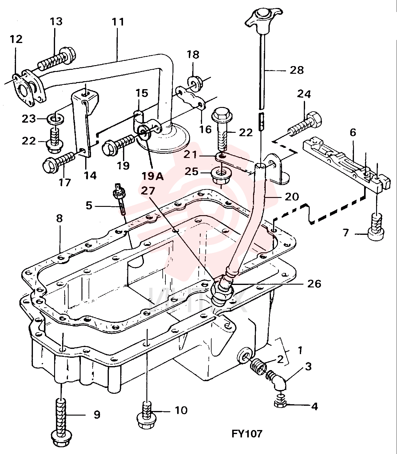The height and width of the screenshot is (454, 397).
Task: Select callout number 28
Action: [x=297, y=70]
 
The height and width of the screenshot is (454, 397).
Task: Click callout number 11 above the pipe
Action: [x=117, y=22]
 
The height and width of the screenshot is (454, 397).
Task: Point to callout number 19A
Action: [x=153, y=176]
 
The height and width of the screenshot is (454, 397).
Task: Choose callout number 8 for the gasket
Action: [x=59, y=219]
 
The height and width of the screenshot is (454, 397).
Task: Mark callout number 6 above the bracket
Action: [x=353, y=132]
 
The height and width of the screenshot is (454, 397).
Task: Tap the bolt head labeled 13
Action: [x=68, y=55]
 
